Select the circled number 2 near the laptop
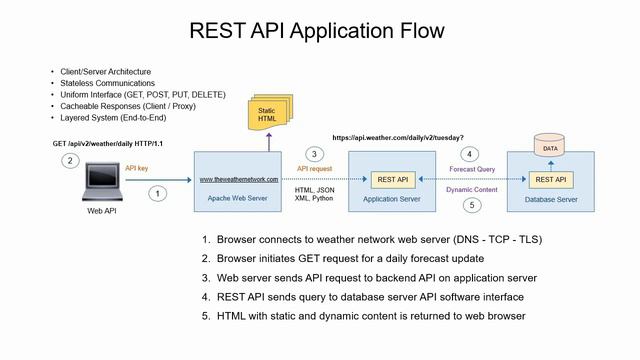pos(69,160)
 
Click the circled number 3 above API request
pos(313,154)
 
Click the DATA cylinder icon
pos(549,147)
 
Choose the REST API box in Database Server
pos(550,180)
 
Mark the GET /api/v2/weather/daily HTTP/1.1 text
pos(108,144)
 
